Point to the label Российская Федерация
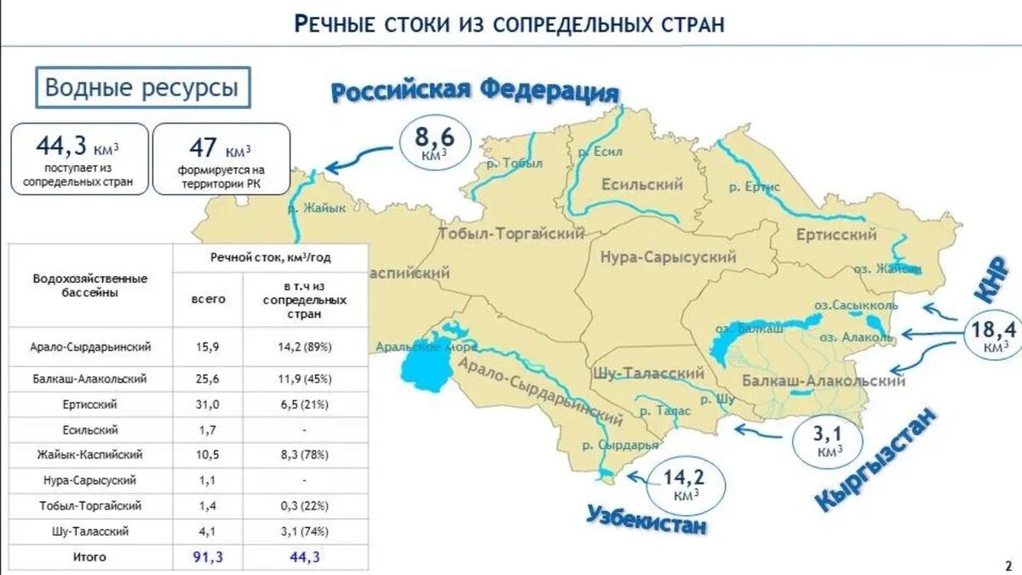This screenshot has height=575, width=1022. [474, 90]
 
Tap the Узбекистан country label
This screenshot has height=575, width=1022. [646, 518]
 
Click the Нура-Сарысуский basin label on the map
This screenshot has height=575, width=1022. [669, 257]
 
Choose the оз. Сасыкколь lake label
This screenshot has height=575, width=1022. [855, 304]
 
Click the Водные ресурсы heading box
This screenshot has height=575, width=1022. [142, 88]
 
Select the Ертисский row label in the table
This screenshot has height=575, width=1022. [89, 404]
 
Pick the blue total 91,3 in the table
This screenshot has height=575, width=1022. [208, 557]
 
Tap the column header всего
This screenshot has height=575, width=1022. [208, 299]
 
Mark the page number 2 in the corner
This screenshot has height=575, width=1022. [1008, 565]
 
